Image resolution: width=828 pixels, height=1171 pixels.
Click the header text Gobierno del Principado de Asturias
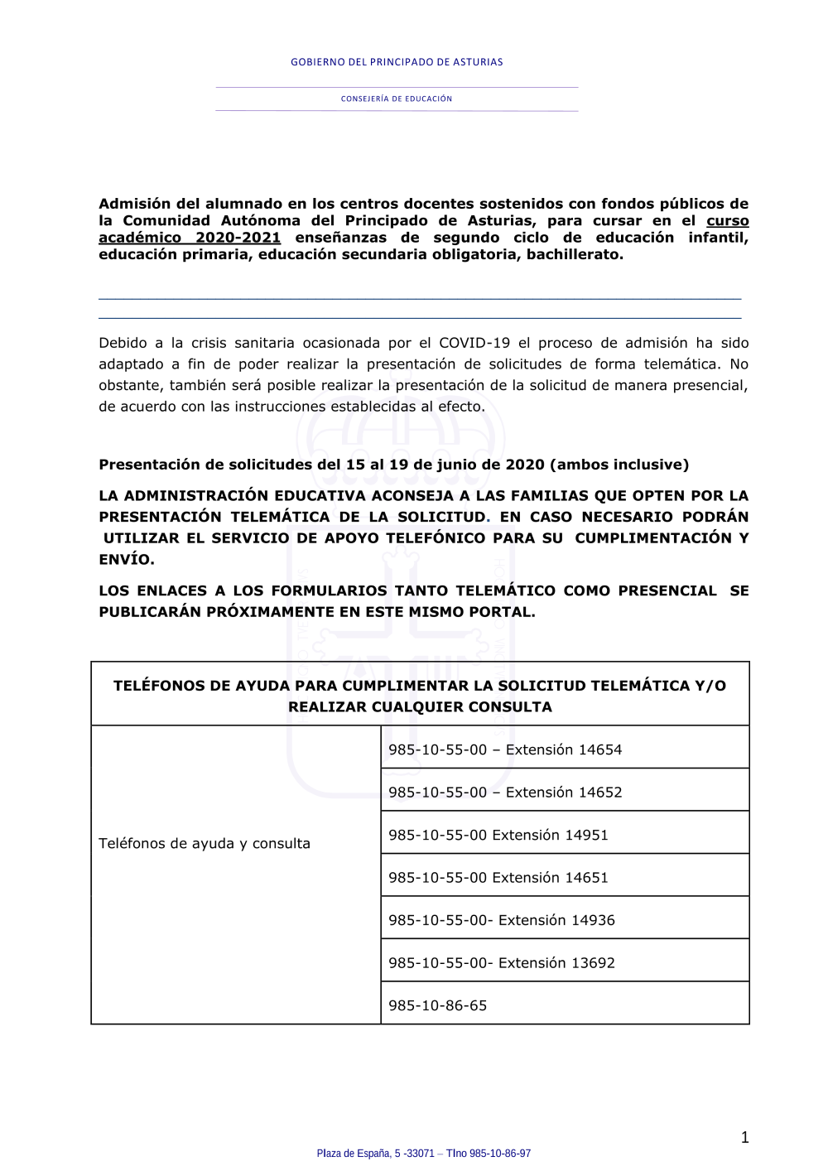(x=397, y=62)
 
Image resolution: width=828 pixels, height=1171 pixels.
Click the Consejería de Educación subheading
(x=397, y=99)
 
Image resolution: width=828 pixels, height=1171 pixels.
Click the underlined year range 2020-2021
(x=238, y=238)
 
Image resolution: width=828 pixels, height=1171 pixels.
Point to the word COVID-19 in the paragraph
(x=474, y=343)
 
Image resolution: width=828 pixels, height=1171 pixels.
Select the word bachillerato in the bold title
(x=573, y=254)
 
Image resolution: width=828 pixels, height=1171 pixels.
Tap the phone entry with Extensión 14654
(x=505, y=749)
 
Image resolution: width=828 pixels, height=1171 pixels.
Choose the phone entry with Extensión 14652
(x=505, y=792)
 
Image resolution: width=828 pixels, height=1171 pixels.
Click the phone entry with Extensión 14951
(x=498, y=835)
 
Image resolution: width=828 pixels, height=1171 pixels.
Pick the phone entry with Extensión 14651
(x=498, y=877)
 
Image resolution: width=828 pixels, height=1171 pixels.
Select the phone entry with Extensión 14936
(x=502, y=920)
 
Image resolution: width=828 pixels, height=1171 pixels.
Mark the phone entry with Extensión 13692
(x=502, y=962)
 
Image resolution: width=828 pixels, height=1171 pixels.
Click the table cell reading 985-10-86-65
(x=438, y=1005)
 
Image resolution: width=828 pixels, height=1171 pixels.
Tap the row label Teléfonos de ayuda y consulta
(x=205, y=843)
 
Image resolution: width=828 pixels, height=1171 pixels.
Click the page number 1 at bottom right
(x=744, y=1137)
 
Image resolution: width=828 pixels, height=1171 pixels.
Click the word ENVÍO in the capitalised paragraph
(x=126, y=559)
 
